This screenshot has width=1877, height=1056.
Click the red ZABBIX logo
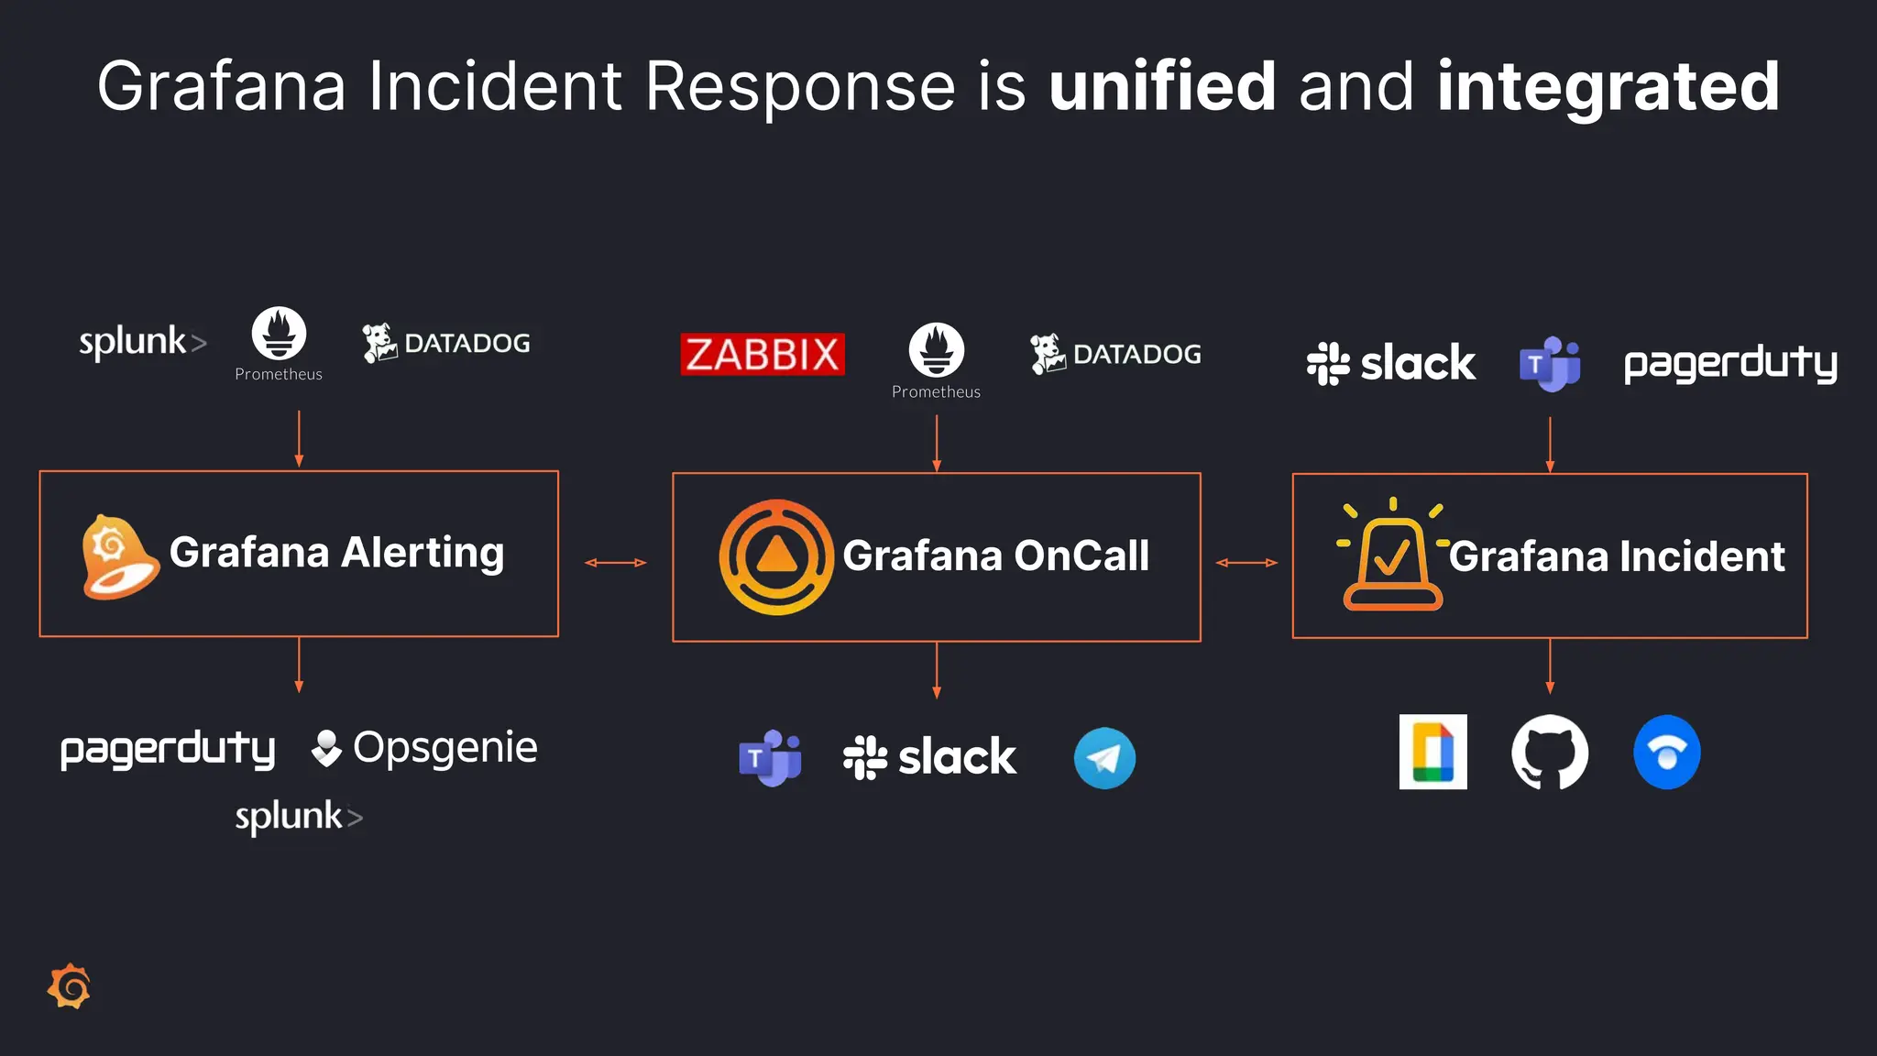(x=762, y=354)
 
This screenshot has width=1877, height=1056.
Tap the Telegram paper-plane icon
(x=1104, y=758)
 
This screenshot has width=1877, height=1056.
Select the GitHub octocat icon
(x=1549, y=753)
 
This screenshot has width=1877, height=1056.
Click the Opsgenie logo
(x=424, y=748)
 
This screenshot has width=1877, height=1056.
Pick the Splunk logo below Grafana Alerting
(x=299, y=816)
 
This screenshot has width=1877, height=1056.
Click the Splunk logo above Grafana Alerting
(x=142, y=342)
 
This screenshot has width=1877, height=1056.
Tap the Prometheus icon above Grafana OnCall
(x=936, y=351)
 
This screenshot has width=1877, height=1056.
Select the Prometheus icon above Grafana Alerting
(x=279, y=334)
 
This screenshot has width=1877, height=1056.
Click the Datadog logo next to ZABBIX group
(x=1115, y=354)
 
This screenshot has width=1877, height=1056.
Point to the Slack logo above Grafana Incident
(x=1390, y=363)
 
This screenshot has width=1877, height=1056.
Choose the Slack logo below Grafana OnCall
(x=928, y=757)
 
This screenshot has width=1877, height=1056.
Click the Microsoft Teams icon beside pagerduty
(x=1549, y=364)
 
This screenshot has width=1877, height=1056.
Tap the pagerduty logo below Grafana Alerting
(x=168, y=750)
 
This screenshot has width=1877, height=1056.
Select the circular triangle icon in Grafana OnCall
(x=776, y=556)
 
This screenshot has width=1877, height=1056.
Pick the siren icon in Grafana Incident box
(x=1391, y=555)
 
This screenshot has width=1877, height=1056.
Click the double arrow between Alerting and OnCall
(x=615, y=562)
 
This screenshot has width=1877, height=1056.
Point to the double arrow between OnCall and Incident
(x=1246, y=562)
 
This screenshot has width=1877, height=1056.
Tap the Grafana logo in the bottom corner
(x=70, y=986)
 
